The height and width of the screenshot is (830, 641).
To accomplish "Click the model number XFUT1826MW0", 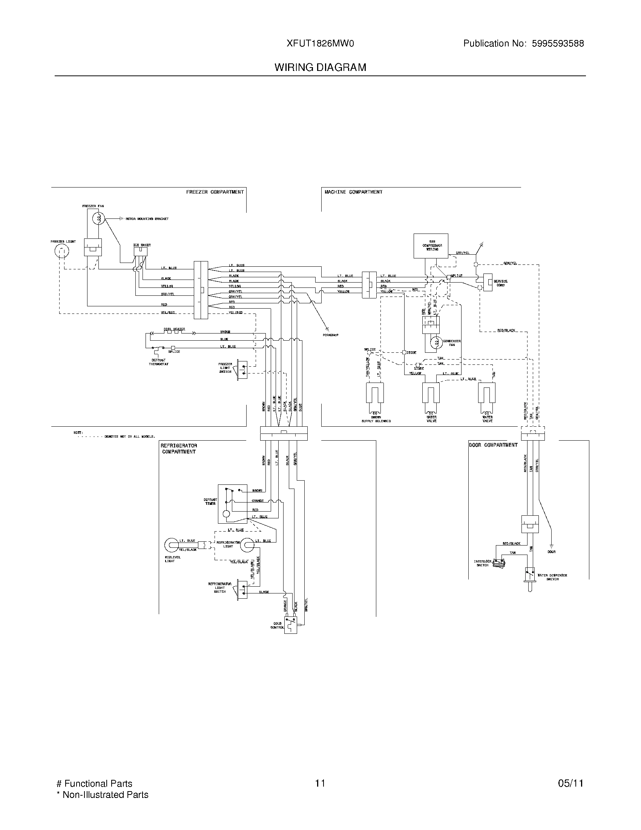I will coord(320,44).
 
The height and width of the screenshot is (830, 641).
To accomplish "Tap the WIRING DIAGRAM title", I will coord(320,68).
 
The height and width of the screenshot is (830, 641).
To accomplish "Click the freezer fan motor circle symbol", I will coord(99,218).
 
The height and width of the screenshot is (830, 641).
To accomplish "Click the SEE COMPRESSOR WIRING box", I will coord(431,246).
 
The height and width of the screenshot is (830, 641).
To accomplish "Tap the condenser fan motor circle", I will coord(436,342).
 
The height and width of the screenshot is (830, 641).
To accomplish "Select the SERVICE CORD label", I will coord(500,283).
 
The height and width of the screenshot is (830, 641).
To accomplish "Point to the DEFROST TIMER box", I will coord(232,504).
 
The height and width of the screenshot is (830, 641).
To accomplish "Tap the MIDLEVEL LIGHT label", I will coord(173,559).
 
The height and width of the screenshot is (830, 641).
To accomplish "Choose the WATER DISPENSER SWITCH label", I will coord(552,577).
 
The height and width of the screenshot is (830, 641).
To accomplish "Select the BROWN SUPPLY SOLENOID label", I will coord(376,419).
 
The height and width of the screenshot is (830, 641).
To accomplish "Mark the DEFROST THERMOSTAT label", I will coord(158,362).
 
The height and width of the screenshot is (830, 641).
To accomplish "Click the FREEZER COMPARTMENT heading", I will coord(215,192).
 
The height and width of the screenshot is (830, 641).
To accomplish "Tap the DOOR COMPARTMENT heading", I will coord(493,445).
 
